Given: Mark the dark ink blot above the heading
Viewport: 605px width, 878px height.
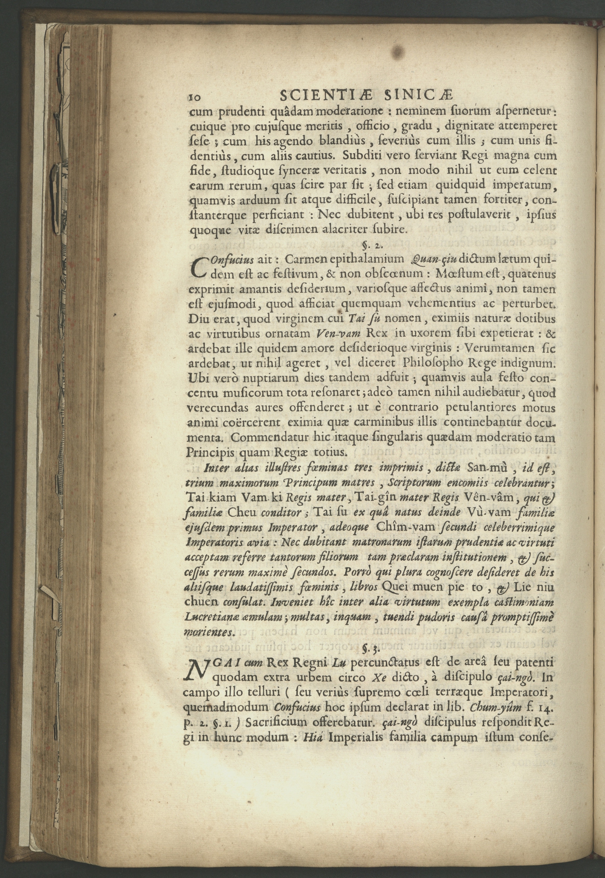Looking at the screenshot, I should (x=397, y=52).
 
